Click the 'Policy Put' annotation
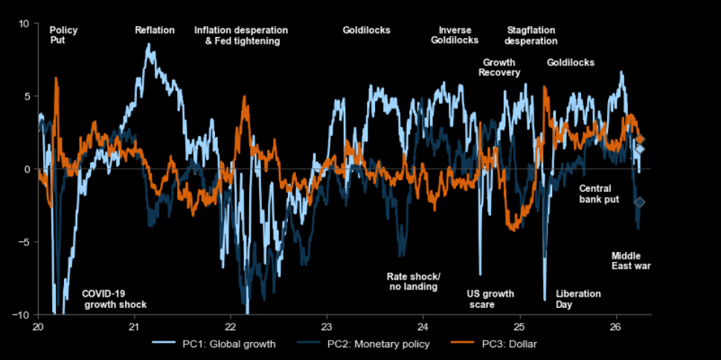tap(63, 36)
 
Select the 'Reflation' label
tap(155, 30)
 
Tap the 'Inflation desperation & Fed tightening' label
tap(241, 36)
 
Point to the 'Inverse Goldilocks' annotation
tap(455, 35)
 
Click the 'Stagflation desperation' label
tap(531, 36)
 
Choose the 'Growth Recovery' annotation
tap(499, 68)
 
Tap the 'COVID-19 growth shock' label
tap(114, 299)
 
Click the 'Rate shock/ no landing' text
tap(413, 281)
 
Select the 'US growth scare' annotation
tap(490, 299)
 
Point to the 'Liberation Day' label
tap(578, 299)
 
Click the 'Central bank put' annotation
tap(599, 194)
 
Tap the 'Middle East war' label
tap(631, 260)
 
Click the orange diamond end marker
tap(640, 140)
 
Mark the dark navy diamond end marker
tap(639, 202)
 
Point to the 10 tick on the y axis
tap(24, 24)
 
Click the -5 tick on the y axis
tap(22, 242)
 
